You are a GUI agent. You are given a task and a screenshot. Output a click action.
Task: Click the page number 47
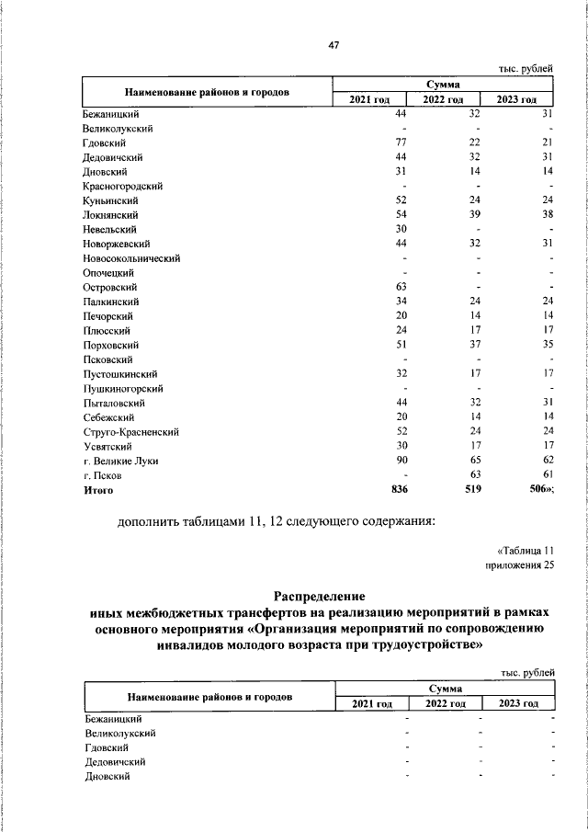[x=334, y=47]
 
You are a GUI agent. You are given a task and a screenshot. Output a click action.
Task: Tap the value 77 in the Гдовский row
[x=401, y=142]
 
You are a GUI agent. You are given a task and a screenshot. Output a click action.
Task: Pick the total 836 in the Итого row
[x=399, y=490]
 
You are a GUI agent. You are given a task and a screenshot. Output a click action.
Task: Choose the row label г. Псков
[x=102, y=475]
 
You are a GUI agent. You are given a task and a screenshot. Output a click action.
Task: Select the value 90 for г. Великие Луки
[x=401, y=461]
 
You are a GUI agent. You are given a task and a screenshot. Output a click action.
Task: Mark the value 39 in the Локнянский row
[x=474, y=214]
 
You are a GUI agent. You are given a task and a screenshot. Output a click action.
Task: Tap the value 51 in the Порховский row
[x=401, y=345]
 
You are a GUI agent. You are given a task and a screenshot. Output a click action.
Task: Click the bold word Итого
[x=98, y=490]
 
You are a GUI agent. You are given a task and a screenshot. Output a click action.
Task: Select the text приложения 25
[x=520, y=565]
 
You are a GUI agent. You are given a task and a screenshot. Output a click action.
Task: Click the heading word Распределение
[x=320, y=597]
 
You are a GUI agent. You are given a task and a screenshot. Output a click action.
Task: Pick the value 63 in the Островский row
[x=401, y=287]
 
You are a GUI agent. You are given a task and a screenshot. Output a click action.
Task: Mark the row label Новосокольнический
[x=131, y=258]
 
